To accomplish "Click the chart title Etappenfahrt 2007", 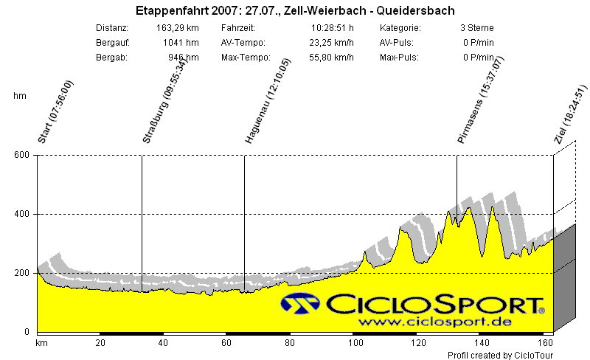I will click(x=295, y=11).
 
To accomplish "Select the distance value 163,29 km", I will click(x=178, y=28).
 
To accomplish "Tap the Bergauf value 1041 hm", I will click(x=181, y=43).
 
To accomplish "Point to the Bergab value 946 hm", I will click(x=184, y=58).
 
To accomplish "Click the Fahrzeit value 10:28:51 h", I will click(x=333, y=28).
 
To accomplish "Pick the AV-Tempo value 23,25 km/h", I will click(x=331, y=43).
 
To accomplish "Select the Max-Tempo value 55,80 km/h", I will click(x=331, y=58).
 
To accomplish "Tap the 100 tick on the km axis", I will click(x=357, y=343).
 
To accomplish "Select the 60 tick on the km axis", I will click(x=229, y=343).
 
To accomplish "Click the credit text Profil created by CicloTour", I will click(x=500, y=355).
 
